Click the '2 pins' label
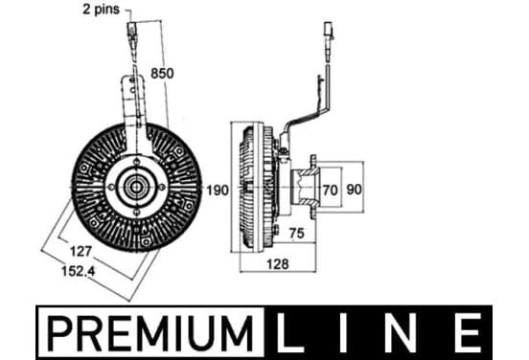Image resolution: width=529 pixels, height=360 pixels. pyautogui.click(x=101, y=10)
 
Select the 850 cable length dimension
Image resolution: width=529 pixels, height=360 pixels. pyautogui.click(x=162, y=73)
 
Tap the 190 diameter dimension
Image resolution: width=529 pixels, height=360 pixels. pyautogui.click(x=218, y=191)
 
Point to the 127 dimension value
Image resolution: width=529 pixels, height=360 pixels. pyautogui.click(x=80, y=251)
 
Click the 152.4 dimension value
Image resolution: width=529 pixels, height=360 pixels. pyautogui.click(x=79, y=270)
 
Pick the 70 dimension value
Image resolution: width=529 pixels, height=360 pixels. pyautogui.click(x=330, y=191)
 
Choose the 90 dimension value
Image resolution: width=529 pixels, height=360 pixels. pyautogui.click(x=354, y=190)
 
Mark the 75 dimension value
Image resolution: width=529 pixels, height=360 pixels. pyautogui.click(x=296, y=234)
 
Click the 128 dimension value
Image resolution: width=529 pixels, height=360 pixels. pyautogui.click(x=277, y=264)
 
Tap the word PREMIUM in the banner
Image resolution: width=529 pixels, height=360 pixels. pyautogui.click(x=150, y=332)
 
